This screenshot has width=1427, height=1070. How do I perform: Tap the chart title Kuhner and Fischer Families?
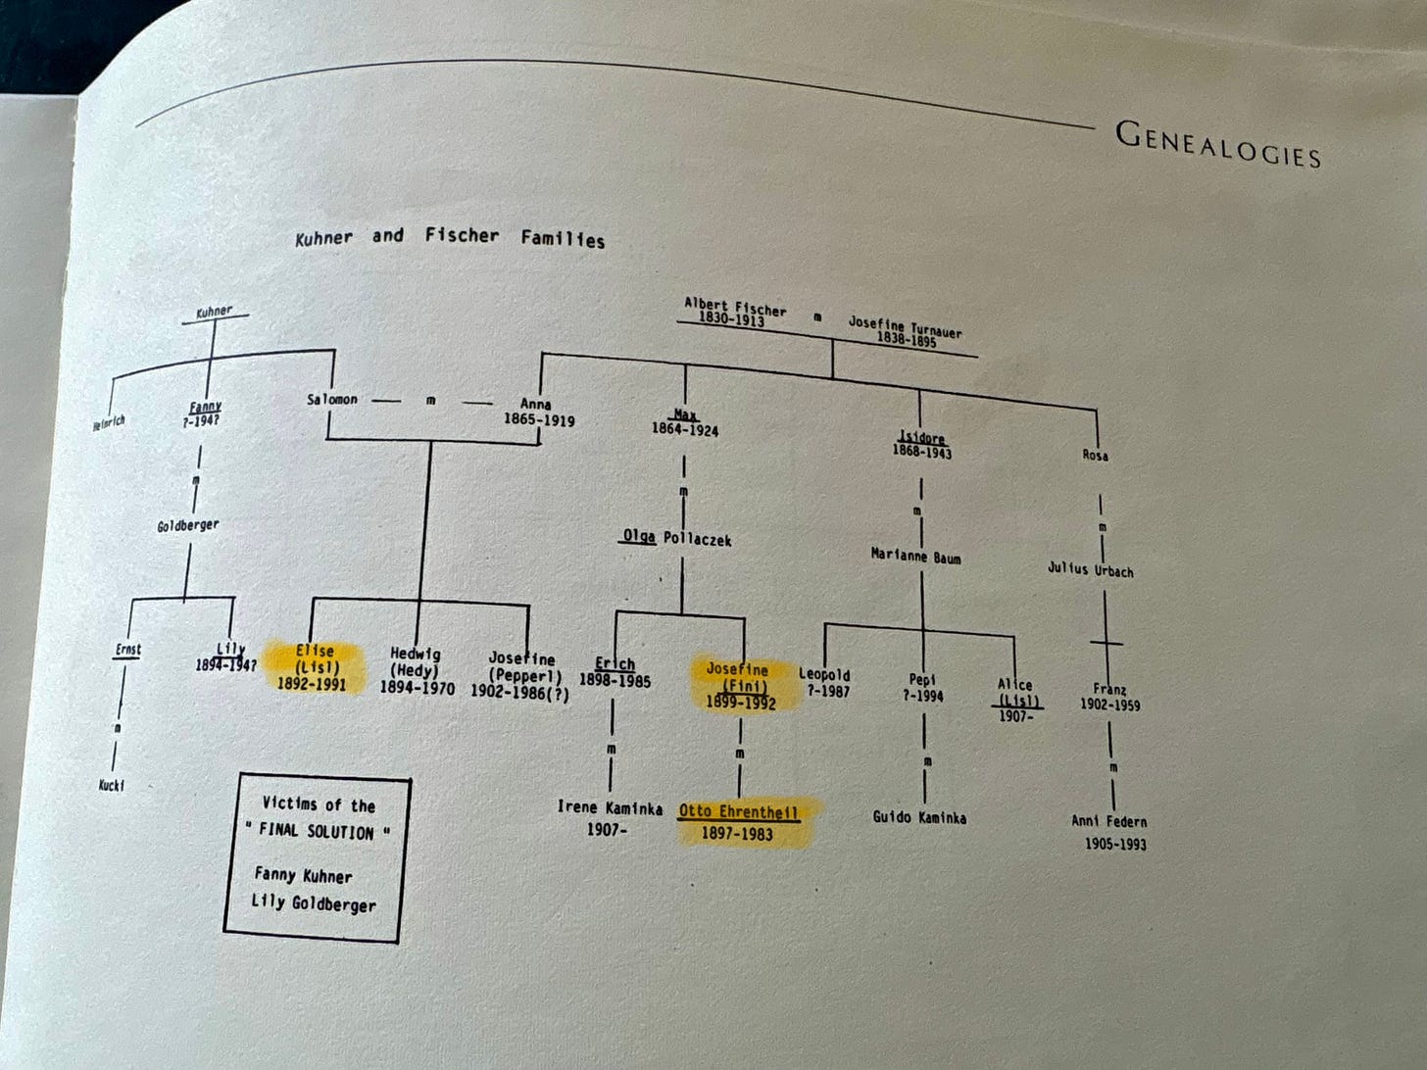[450, 237]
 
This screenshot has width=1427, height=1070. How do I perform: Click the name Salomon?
[331, 399]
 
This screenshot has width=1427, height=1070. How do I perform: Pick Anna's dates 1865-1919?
[539, 420]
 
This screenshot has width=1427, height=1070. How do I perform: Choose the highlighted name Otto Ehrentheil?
[738, 811]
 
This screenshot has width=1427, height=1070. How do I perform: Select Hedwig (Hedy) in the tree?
[416, 661]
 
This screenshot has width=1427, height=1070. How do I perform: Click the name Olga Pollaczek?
[676, 538]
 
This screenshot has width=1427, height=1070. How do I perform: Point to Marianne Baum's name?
[915, 556]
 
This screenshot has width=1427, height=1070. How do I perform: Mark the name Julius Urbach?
[1090, 568]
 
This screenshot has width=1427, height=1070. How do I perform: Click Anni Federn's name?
[1108, 821]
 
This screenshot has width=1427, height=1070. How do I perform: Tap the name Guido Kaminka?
[919, 816]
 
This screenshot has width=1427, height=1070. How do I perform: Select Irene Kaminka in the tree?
[610, 807]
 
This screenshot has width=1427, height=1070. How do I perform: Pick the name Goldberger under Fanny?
[188, 525]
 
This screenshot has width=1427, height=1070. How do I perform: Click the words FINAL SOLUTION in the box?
[317, 831]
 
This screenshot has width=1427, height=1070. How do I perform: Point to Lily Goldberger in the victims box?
[314, 902]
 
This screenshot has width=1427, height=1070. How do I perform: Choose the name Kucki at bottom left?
[112, 785]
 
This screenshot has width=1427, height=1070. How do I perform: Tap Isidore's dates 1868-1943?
[921, 452]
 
